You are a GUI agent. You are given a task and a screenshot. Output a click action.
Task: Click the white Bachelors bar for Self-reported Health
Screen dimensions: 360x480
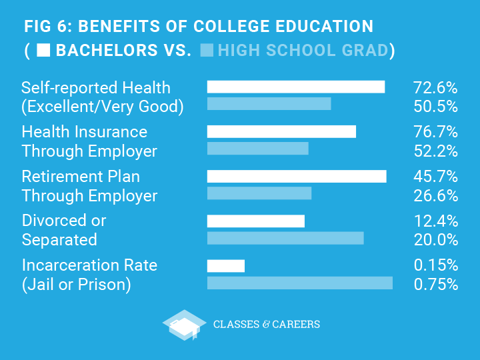pyautogui.click(x=296, y=87)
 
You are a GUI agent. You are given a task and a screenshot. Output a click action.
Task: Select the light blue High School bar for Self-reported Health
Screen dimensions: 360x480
pyautogui.click(x=269, y=103)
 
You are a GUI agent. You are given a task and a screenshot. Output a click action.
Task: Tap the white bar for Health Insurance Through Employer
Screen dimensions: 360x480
pyautogui.click(x=281, y=131)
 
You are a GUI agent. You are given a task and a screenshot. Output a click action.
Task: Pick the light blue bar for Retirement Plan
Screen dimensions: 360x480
pyautogui.click(x=259, y=193)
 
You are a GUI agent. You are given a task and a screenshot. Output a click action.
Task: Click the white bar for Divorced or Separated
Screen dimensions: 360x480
pyautogui.click(x=256, y=221)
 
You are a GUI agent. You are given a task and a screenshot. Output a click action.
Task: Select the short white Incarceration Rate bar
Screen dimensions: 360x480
pyautogui.click(x=226, y=266)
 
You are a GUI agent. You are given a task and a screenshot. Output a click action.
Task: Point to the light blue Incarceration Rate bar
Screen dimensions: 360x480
pyautogui.click(x=300, y=283)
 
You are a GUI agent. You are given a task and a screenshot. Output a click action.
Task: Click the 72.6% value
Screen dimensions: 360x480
pyautogui.click(x=435, y=87)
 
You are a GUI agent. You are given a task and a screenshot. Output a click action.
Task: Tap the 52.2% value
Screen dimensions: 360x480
pyautogui.click(x=435, y=151)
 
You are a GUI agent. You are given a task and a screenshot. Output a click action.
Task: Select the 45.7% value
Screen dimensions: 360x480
pyautogui.click(x=435, y=177)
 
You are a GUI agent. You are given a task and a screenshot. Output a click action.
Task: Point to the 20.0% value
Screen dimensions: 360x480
pyautogui.click(x=435, y=239)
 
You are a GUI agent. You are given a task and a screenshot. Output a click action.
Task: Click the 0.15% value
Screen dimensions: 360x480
pyautogui.click(x=435, y=265)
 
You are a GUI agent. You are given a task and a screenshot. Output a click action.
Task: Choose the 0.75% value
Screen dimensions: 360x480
pyautogui.click(x=435, y=284)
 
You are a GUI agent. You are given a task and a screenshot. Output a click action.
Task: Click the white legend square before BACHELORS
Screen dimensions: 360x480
pyautogui.click(x=43, y=50)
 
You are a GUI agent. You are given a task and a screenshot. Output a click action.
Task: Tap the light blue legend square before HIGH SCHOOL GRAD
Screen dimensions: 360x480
pyautogui.click(x=207, y=50)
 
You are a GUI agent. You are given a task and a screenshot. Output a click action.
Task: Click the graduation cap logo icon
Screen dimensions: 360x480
pyautogui.click(x=184, y=325)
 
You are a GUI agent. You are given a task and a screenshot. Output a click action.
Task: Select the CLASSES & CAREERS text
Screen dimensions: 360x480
pyautogui.click(x=266, y=325)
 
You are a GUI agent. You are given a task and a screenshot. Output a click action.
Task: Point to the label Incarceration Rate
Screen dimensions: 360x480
pyautogui.click(x=89, y=265)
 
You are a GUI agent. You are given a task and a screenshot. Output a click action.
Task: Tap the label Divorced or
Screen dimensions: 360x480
pyautogui.click(x=64, y=221)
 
